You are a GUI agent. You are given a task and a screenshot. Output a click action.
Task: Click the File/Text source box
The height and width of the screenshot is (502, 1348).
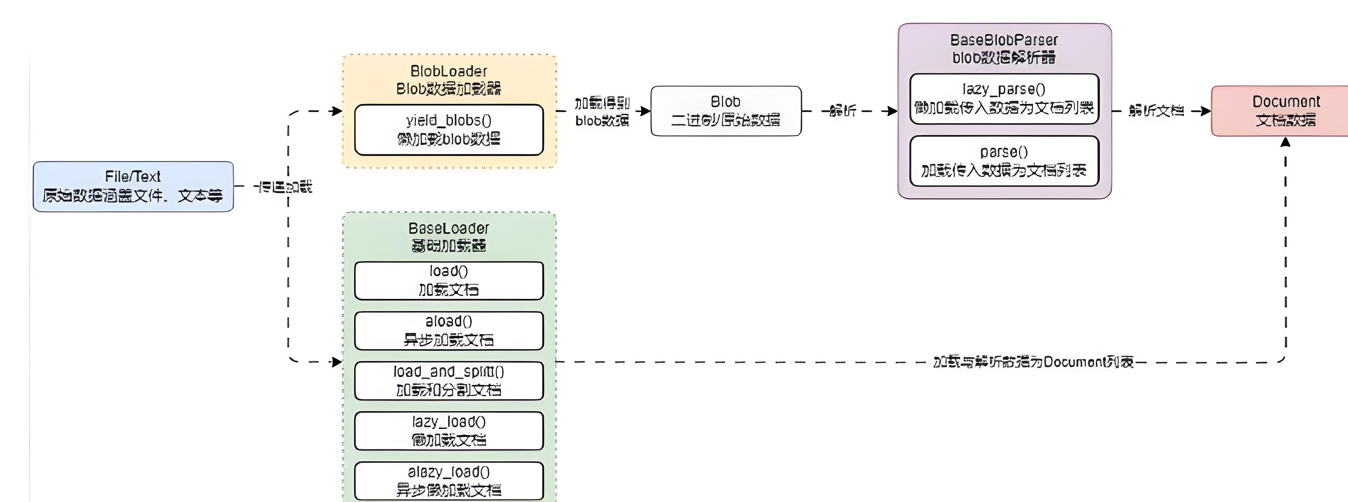(133, 186)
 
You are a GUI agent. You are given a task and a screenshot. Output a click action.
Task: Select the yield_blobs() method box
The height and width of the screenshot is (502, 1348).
(449, 130)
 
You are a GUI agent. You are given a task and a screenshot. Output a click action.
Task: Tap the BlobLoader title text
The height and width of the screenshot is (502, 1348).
(449, 71)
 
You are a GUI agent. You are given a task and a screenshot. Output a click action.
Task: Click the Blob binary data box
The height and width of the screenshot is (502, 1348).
(726, 111)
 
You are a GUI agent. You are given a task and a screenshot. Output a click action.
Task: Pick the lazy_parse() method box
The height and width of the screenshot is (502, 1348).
(1004, 99)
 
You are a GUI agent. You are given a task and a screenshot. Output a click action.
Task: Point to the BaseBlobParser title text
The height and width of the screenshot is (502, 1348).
(1004, 40)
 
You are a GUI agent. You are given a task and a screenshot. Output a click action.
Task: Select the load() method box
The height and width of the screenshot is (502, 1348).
(449, 281)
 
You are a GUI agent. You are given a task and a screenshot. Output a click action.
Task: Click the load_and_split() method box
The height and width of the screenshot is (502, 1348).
(449, 380)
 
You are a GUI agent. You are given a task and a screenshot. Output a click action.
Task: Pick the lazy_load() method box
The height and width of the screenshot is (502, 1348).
(449, 431)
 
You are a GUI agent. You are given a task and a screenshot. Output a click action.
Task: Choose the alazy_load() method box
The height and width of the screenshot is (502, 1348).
(449, 481)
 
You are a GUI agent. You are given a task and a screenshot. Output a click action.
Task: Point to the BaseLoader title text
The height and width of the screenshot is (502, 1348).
(449, 228)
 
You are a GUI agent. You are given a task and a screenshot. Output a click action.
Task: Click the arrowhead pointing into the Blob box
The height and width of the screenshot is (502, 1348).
(646, 111)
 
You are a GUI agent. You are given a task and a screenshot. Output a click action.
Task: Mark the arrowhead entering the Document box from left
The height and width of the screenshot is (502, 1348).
(1206, 111)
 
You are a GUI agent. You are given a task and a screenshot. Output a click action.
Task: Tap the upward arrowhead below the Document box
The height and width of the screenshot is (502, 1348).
(1285, 142)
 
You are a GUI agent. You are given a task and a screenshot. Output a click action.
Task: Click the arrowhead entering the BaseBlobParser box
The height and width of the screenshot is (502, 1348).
(893, 111)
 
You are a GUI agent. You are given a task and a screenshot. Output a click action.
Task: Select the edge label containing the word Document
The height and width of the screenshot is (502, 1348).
(1034, 362)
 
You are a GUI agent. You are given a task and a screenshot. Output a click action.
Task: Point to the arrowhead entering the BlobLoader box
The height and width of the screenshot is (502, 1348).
(337, 111)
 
